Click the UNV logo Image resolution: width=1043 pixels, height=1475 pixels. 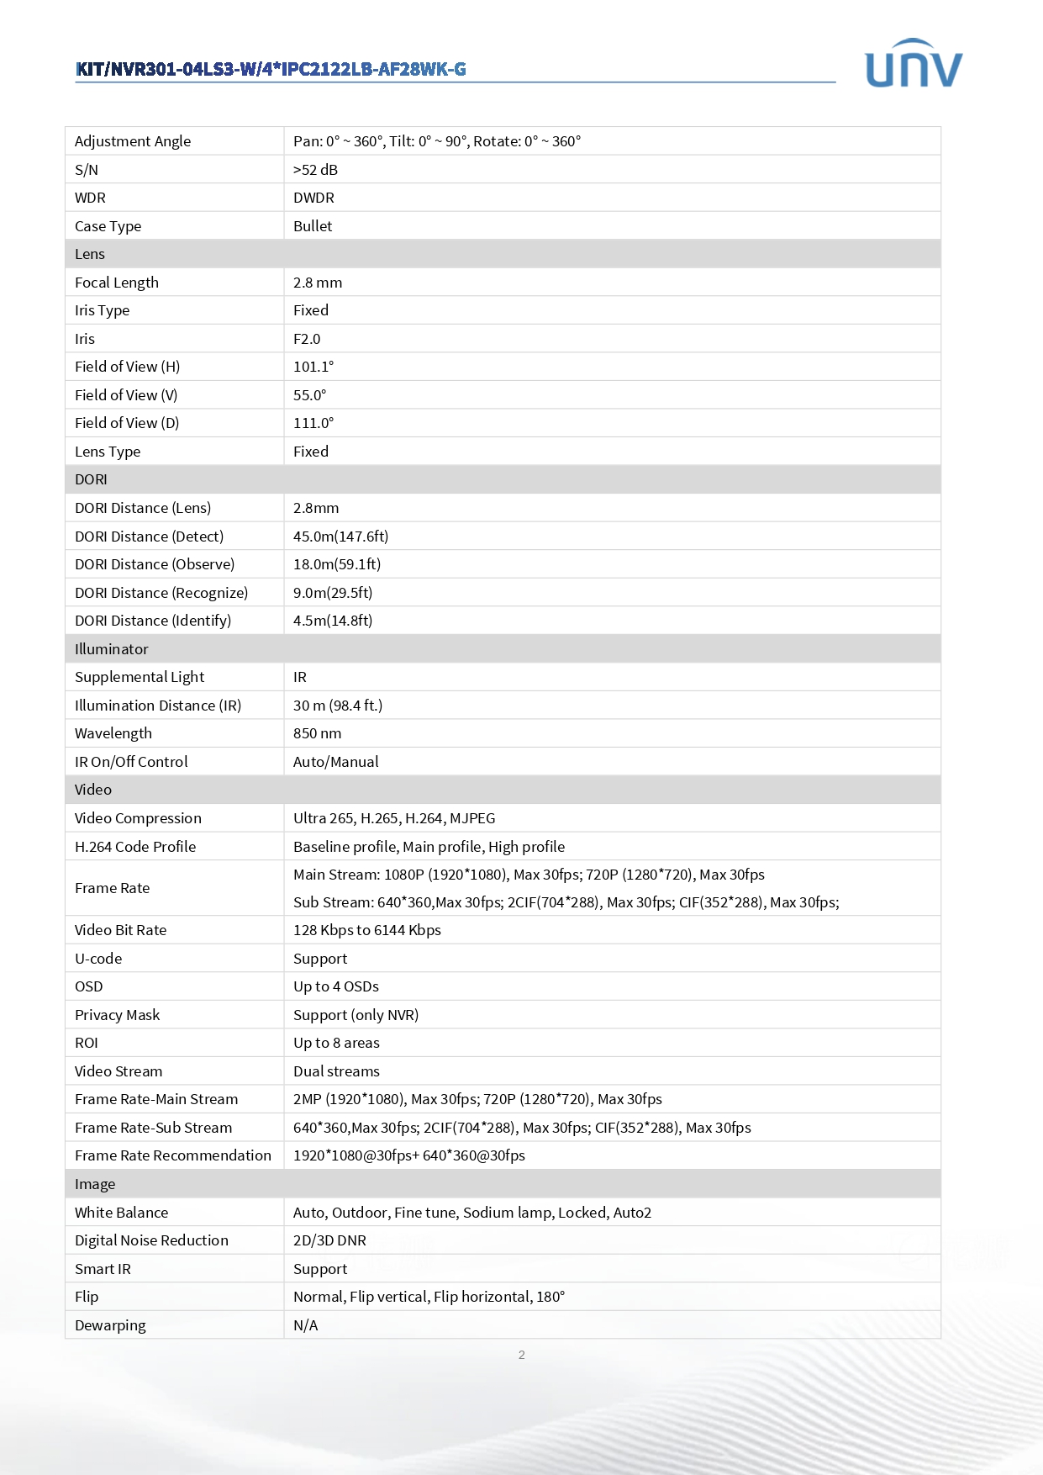913,65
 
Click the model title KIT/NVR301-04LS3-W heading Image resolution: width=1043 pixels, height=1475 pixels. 271,69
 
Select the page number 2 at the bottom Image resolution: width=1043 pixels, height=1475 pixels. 521,1355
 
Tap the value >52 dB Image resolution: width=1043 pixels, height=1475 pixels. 315,170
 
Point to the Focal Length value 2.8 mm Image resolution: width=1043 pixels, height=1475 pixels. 318,283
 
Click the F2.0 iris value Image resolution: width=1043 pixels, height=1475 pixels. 307,339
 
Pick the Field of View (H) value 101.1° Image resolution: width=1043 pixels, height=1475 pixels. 313,367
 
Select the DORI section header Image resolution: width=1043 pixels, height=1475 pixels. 91,479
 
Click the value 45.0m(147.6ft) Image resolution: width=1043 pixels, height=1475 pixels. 340,537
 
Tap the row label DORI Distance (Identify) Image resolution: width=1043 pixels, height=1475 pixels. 153,621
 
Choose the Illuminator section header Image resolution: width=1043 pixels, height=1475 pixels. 111,649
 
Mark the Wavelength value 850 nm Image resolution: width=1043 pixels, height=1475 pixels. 317,733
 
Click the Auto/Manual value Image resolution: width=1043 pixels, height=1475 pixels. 335,762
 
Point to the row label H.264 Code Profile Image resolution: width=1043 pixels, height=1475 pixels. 135,847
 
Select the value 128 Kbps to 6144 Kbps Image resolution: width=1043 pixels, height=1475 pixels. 366,930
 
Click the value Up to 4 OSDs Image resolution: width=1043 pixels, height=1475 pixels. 335,986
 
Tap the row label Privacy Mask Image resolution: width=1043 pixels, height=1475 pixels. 117,1015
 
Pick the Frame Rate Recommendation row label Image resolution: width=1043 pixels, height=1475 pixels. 173,1155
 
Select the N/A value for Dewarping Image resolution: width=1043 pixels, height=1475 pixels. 305,1325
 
